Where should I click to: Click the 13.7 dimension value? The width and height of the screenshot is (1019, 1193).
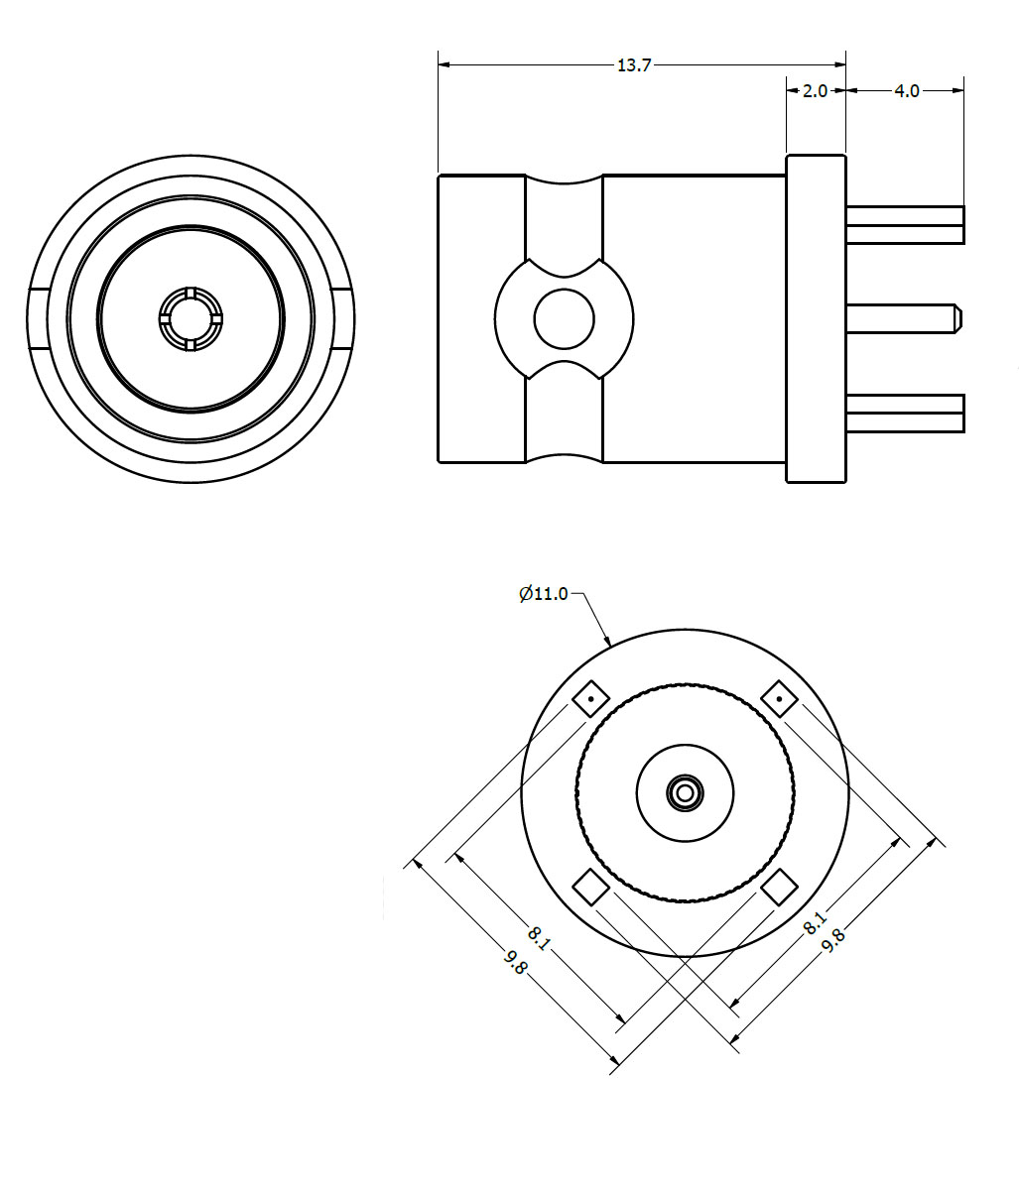pyautogui.click(x=634, y=65)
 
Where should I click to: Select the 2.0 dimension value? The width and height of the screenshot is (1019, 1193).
pyautogui.click(x=815, y=91)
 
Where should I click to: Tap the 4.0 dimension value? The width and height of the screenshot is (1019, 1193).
pyautogui.click(x=907, y=91)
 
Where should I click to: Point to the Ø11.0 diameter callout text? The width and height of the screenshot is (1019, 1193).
pyautogui.click(x=544, y=594)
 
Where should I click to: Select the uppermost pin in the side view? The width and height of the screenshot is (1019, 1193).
pyautogui.click(x=904, y=225)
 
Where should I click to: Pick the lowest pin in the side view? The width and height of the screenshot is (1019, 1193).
pyautogui.click(x=904, y=413)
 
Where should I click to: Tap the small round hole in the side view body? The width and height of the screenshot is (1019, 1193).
pyautogui.click(x=564, y=318)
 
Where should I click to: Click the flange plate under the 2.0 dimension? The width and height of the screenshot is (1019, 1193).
pyautogui.click(x=816, y=318)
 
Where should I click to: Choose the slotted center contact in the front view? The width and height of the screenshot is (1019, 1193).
pyautogui.click(x=190, y=318)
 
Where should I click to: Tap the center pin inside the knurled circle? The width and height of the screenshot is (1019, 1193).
pyautogui.click(x=685, y=792)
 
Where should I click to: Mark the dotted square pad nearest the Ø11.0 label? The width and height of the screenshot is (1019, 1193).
pyautogui.click(x=590, y=699)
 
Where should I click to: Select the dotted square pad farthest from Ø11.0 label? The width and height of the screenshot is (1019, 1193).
pyautogui.click(x=780, y=699)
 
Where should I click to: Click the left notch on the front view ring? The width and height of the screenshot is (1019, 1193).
pyautogui.click(x=38, y=318)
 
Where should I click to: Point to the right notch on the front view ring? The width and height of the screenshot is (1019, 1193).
pyautogui.click(x=341, y=318)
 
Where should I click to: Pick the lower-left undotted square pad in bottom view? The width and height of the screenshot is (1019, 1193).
pyautogui.click(x=591, y=887)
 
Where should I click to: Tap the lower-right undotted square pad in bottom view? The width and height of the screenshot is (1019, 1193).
pyautogui.click(x=780, y=887)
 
